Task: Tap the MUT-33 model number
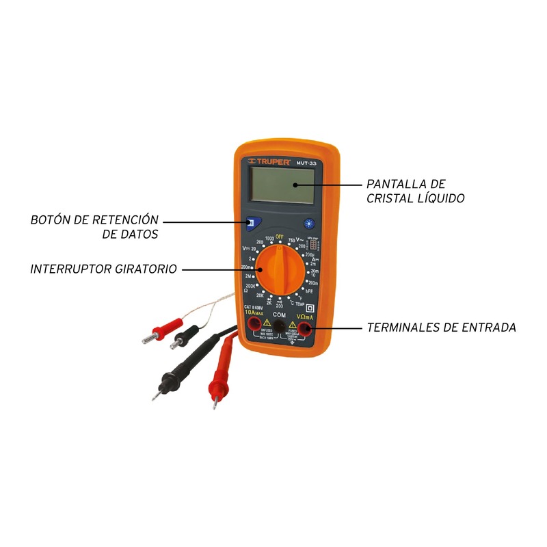coord(306,163)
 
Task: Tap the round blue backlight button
coord(308,223)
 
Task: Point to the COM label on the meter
coord(279,315)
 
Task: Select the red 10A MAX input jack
coord(254,325)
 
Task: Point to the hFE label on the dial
coord(309,291)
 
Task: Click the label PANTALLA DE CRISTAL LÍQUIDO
coord(415,191)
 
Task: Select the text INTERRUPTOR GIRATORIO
coord(103,269)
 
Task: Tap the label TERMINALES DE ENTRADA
coord(441,328)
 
